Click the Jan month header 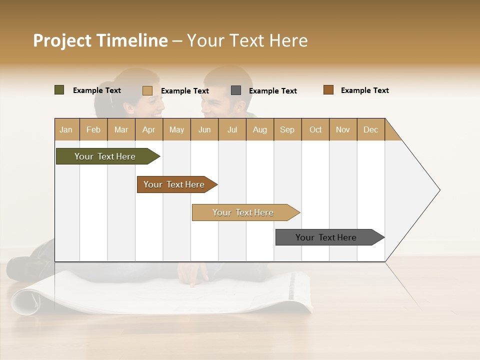pos(66,129)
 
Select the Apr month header pos(148,129)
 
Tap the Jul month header pos(232,129)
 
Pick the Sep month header pos(287,129)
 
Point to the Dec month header pos(370,129)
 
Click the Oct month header pos(315,129)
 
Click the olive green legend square pos(59,90)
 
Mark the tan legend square pos(147,90)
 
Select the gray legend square pos(236,90)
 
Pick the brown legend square pos(328,90)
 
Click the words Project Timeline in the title pos(100,40)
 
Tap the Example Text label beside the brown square pos(364,90)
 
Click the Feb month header pos(93,129)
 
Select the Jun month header pos(204,129)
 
